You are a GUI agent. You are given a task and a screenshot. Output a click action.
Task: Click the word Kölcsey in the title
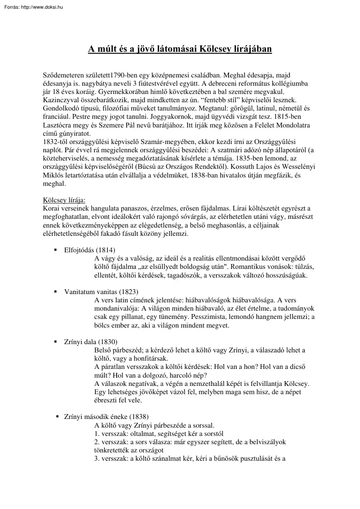216,48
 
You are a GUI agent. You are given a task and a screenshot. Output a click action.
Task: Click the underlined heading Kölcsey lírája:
64,200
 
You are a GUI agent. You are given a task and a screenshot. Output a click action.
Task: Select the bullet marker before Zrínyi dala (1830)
55,342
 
